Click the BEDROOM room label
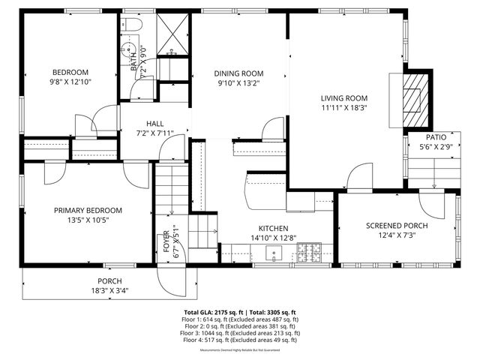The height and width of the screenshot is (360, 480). (70, 72)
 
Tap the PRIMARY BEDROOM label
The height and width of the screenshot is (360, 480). (88, 211)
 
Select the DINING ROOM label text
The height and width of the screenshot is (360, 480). (239, 73)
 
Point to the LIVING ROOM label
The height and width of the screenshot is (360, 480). (344, 98)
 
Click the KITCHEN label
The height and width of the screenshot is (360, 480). (274, 229)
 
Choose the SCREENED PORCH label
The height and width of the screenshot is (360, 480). (397, 226)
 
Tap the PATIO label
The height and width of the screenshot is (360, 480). (436, 138)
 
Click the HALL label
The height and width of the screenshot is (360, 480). (154, 124)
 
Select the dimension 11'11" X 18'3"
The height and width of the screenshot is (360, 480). (344, 107)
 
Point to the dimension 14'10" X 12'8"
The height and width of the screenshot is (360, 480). (274, 238)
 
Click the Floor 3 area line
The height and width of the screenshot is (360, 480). (240, 333)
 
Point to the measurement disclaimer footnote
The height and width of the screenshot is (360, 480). (240, 350)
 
